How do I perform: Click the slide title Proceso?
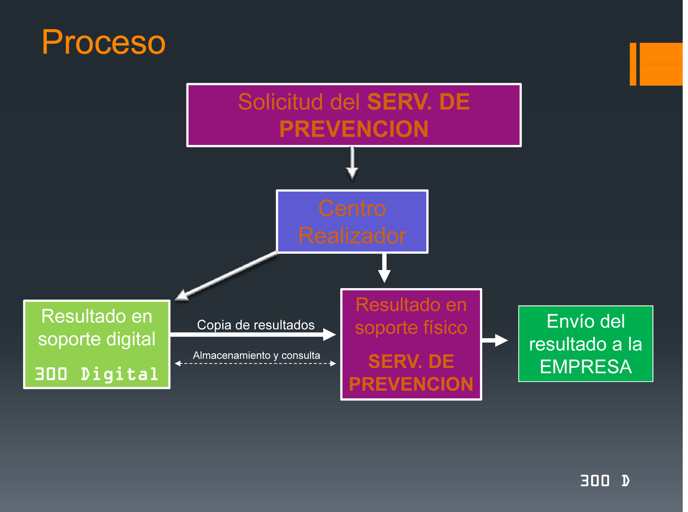pyautogui.click(x=103, y=42)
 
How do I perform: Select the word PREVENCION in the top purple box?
pyautogui.click(x=354, y=129)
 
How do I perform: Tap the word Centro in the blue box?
pyautogui.click(x=352, y=208)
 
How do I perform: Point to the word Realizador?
pyautogui.click(x=352, y=236)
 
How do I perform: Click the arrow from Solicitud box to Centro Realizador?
pyautogui.click(x=352, y=163)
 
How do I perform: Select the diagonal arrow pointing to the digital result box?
pyautogui.click(x=227, y=276)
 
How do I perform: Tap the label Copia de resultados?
pyautogui.click(x=256, y=325)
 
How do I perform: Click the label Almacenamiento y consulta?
pyautogui.click(x=256, y=355)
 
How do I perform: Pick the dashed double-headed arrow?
pyautogui.click(x=255, y=364)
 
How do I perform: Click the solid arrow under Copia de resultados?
pyautogui.click(x=253, y=335)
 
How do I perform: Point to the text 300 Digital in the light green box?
pyautogui.click(x=96, y=374)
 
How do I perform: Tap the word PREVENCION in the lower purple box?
pyautogui.click(x=411, y=384)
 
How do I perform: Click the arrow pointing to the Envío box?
pyautogui.click(x=495, y=341)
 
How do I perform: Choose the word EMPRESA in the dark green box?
pyautogui.click(x=586, y=367)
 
